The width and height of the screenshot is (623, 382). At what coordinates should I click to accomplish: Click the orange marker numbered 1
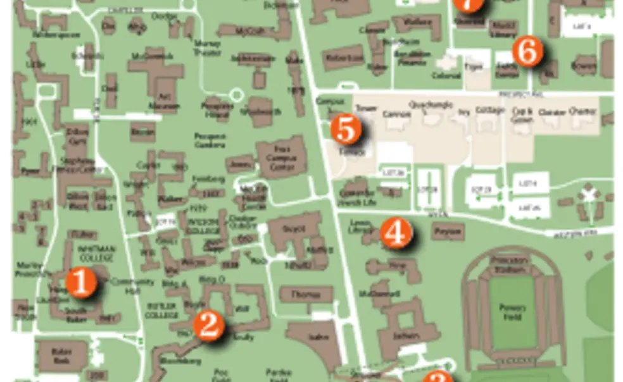81,283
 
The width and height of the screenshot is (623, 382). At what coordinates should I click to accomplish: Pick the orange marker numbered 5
346,130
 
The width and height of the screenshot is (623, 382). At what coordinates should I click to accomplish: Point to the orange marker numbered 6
527,52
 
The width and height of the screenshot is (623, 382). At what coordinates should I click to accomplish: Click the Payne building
447,232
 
